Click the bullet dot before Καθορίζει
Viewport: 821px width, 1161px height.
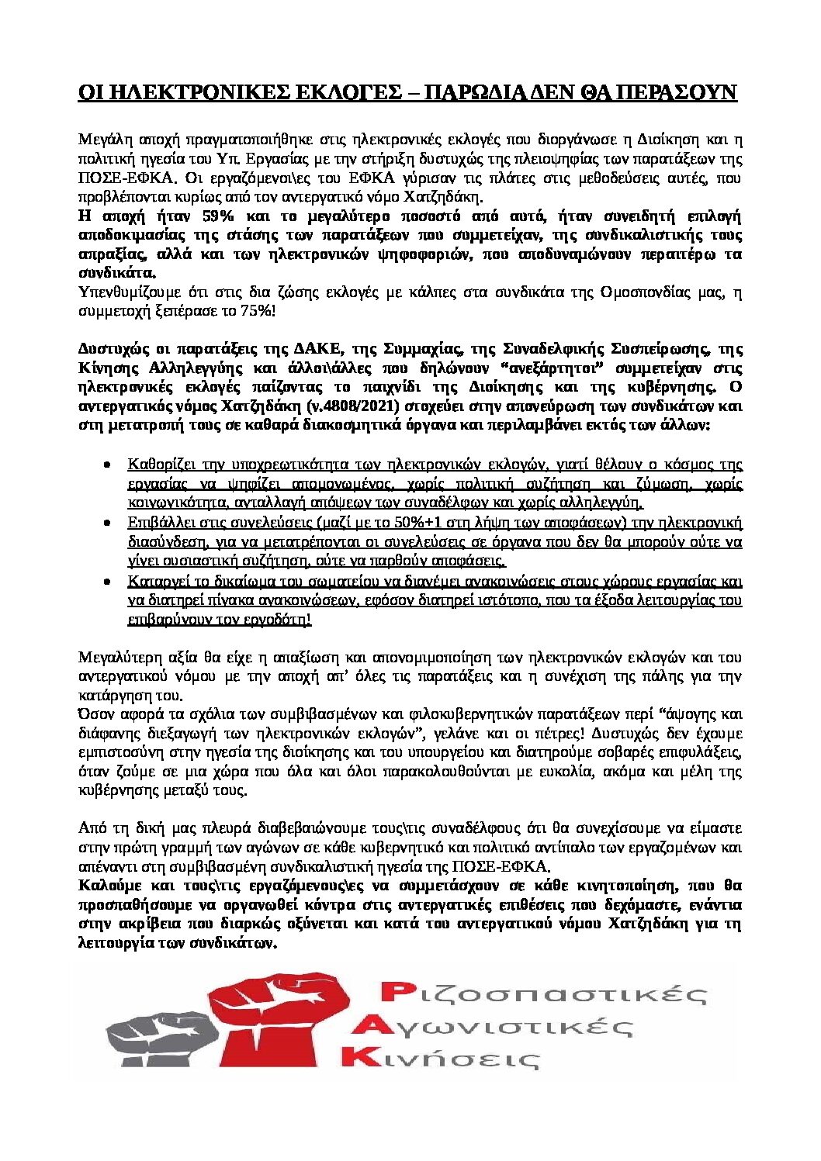tap(107, 465)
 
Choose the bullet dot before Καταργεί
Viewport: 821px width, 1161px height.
tap(107, 581)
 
